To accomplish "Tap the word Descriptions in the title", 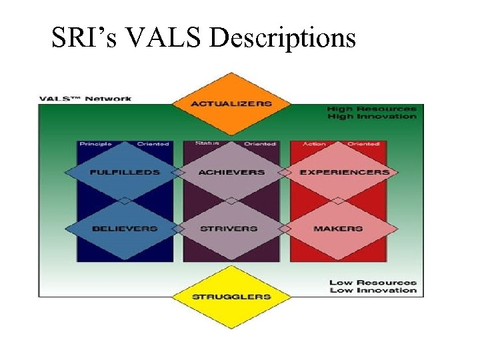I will [283, 39].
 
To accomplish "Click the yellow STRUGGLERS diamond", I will [231, 296].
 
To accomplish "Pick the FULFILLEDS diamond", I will [125, 172].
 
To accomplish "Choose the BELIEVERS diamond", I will [125, 229].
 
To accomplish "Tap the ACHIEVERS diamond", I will [231, 172].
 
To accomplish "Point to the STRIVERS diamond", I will [229, 229].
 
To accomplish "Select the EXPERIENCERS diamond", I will [344, 172].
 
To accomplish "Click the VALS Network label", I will [85, 99].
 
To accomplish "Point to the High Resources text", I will [371, 109].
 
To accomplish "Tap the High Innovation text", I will [371, 117].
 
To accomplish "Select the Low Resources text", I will [373, 283].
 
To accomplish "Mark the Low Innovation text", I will [373, 291].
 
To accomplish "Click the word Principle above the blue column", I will [95, 144].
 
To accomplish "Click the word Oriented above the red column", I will [363, 144].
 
